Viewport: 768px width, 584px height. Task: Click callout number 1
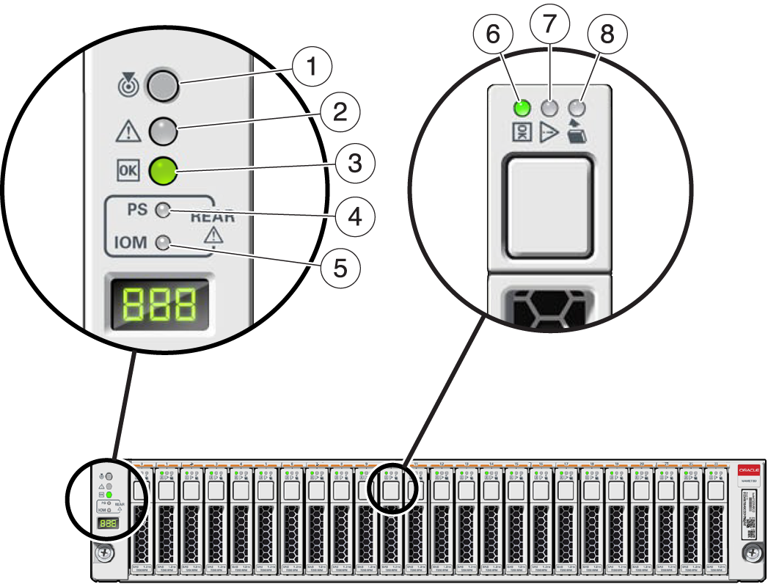[312, 67]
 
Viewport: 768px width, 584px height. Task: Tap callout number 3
[354, 163]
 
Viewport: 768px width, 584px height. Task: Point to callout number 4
[354, 217]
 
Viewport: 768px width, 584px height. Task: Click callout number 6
[492, 34]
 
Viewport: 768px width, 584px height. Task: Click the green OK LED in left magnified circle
[163, 171]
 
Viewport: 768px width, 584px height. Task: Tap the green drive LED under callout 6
[522, 109]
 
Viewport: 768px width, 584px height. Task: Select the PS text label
[137, 210]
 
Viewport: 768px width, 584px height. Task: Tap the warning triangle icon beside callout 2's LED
[128, 132]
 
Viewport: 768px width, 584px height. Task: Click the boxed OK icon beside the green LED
[127, 172]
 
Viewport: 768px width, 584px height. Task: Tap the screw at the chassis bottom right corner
[750, 552]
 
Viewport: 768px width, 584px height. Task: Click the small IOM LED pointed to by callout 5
[164, 242]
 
